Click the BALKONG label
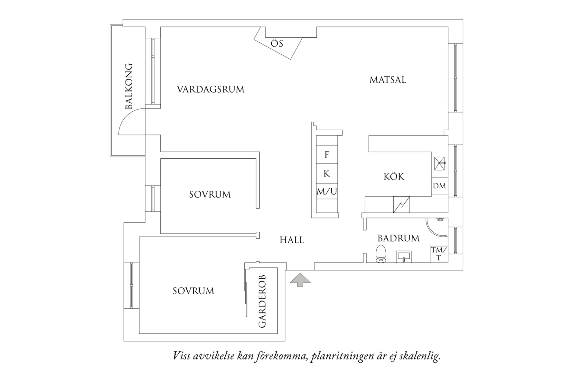[128, 86]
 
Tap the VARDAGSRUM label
[211, 89]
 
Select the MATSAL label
[388, 79]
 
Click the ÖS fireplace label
[277, 43]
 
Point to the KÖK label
[394, 176]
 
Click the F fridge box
[327, 155]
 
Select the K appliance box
[327, 173]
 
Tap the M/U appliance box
[327, 192]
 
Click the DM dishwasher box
[439, 186]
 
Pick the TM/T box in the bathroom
[439, 254]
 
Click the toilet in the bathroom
[381, 254]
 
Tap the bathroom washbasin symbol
[403, 257]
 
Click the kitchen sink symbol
[439, 163]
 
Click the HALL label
[292, 240]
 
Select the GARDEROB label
[262, 301]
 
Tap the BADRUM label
[399, 238]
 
